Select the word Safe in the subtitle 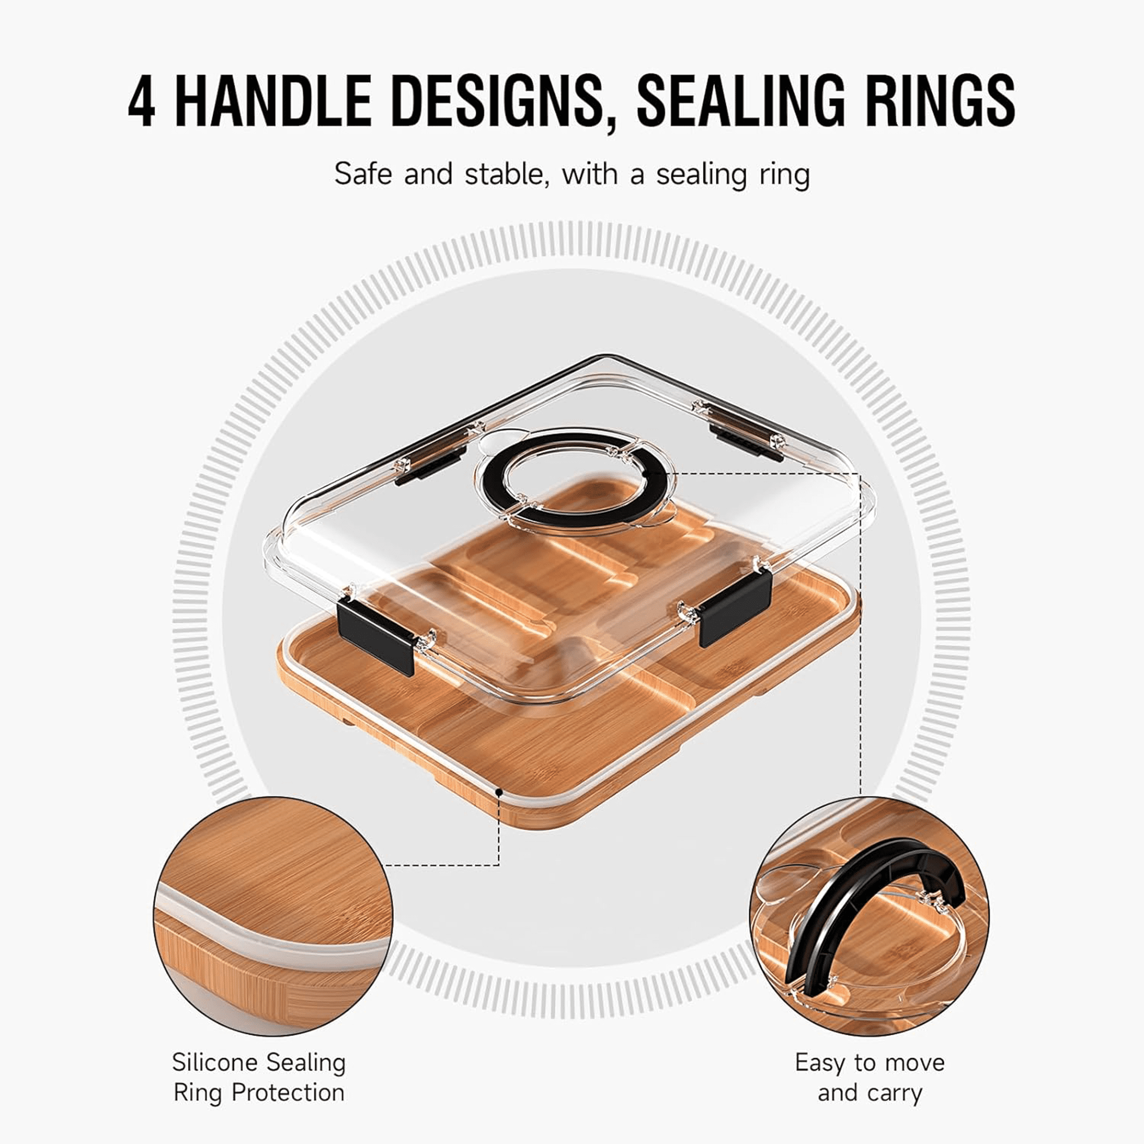coord(362,174)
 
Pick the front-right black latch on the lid coord(736,607)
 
